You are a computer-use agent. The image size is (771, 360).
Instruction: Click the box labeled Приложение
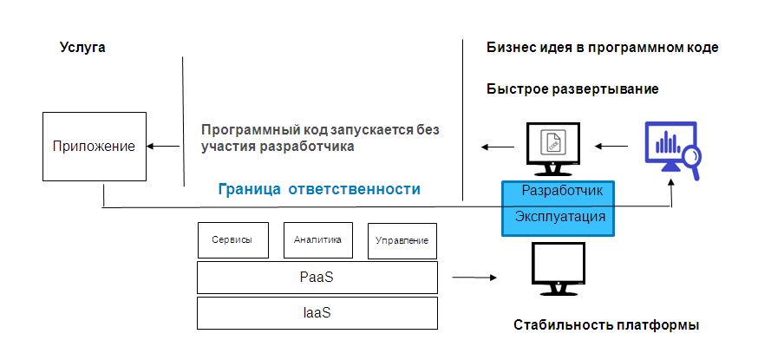coord(94,147)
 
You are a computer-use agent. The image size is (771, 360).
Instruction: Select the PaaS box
coord(317,278)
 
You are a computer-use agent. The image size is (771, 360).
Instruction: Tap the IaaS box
coord(317,312)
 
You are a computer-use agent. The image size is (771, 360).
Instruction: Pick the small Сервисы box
coord(232,240)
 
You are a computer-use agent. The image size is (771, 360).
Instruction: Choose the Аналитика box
coord(317,240)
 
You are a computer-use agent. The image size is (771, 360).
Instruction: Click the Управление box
coord(402,241)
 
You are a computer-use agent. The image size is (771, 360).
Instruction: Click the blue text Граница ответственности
coord(319,189)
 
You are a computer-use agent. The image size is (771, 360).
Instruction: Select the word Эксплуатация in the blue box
coord(559,216)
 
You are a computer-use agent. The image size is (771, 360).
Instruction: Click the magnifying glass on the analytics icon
coord(689,156)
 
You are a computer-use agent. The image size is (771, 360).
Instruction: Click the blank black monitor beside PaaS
coord(557,271)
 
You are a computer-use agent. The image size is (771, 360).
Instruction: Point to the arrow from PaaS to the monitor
coord(472,278)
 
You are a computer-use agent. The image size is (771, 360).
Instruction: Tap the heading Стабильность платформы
coord(606,325)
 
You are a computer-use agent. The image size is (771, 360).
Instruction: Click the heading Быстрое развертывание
coord(572,89)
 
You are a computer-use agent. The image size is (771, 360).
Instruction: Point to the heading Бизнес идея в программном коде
coord(603,47)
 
